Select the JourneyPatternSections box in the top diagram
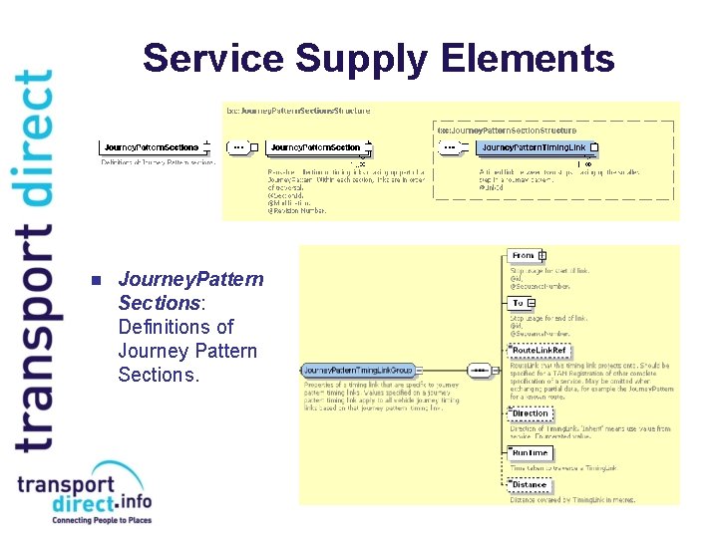coord(152,147)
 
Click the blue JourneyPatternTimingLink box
coord(534,147)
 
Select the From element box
coord(523,256)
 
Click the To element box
coord(518,303)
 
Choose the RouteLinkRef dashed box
coord(538,351)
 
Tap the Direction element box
coord(531,413)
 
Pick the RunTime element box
coord(530,452)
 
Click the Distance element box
coord(530,485)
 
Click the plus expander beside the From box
coord(542,256)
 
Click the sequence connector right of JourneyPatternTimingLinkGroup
coord(481,370)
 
